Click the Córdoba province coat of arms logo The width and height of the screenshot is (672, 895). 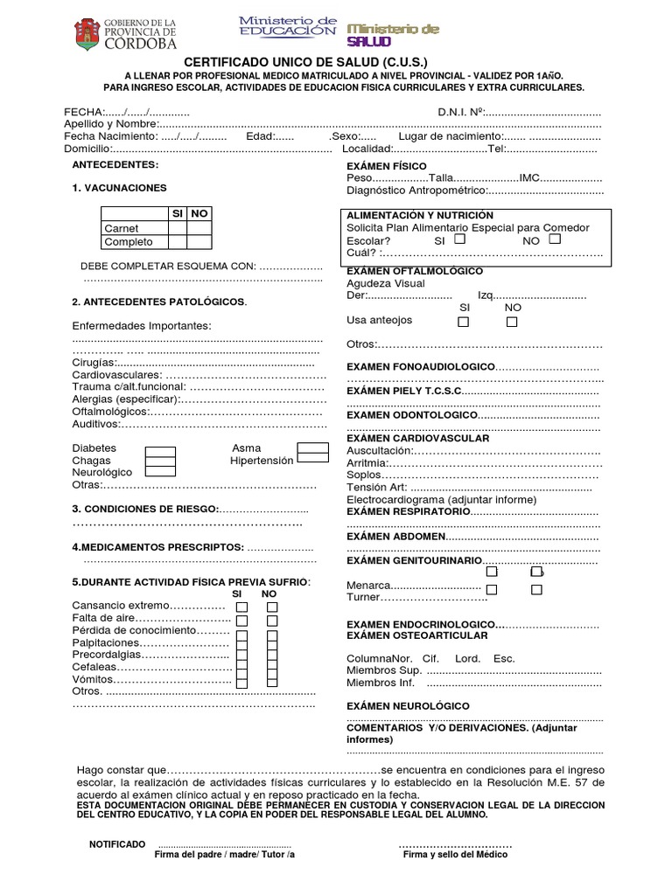coord(87,35)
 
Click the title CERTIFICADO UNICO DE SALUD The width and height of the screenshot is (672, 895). coord(305,63)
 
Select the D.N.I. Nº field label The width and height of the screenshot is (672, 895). coord(460,112)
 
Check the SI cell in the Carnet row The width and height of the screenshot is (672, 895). coord(178,228)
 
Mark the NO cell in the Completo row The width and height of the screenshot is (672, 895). coord(199,242)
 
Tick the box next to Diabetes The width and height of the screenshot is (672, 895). coord(160,451)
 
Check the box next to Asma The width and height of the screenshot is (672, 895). coord(312,448)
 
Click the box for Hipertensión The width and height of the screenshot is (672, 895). coord(312,461)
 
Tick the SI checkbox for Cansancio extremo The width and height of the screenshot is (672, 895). coord(242,607)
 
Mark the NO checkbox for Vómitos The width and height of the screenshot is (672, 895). coord(272,680)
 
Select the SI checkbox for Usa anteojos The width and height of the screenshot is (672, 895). coord(464,322)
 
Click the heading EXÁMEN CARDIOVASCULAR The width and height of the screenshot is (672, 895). coord(418,438)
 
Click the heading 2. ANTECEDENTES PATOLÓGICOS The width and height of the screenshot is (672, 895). coord(159,302)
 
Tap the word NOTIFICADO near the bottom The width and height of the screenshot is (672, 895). coord(117,844)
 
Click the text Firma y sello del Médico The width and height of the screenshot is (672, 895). coord(455,855)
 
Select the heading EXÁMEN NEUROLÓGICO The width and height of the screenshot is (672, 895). coord(408,705)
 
